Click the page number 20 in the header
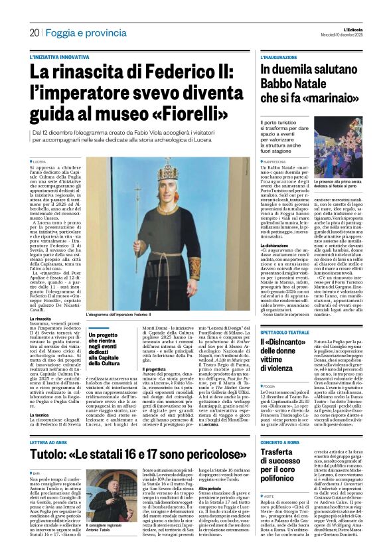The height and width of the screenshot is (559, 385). [34, 32]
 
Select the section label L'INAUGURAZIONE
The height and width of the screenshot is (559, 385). [279, 58]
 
